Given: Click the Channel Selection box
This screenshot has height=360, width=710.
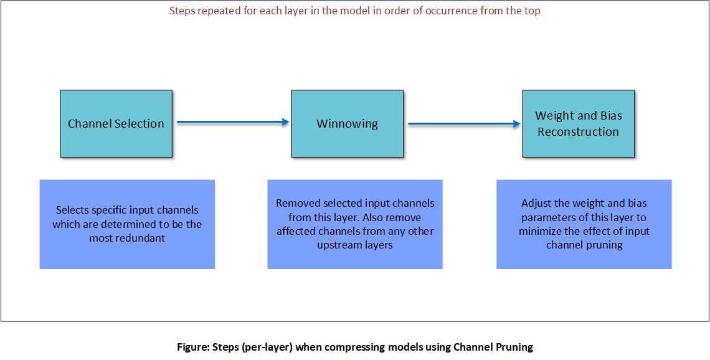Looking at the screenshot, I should coord(116,123).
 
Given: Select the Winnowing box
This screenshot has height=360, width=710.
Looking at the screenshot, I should coord(347,123).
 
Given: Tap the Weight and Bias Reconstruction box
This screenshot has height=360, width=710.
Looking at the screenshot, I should coord(578,123).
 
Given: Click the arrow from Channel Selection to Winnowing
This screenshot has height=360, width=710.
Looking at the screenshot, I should coord(233,122).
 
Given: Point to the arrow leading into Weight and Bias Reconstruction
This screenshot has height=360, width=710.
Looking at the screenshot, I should coord(464,124).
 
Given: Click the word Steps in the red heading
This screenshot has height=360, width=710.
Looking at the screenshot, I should coord(182,11).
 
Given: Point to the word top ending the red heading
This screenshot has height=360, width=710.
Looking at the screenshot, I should coord(531,11).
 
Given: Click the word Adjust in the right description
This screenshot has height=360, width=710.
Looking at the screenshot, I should coord(536,203).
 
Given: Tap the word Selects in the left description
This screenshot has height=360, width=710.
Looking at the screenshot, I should coord(73,210).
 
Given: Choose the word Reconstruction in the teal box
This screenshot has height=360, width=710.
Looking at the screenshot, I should coord(578,131).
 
